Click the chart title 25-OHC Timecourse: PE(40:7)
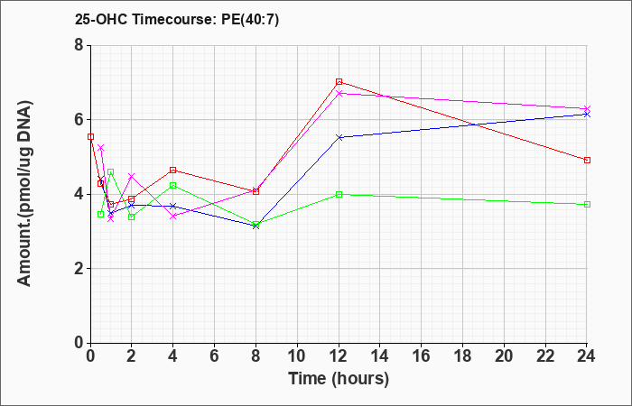[177, 20]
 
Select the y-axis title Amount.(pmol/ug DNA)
[24, 193]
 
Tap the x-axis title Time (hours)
[339, 379]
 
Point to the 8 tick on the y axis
[79, 45]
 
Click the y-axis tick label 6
[79, 120]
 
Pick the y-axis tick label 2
[79, 269]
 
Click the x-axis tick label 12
[339, 356]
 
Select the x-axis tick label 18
[462, 356]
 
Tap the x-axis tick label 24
[586, 356]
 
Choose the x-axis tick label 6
[215, 356]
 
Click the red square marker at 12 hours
[339, 82]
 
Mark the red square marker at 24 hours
[587, 161]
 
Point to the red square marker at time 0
[90, 137]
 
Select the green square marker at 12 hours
[339, 195]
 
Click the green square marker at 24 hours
[587, 205]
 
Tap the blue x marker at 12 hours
[339, 137]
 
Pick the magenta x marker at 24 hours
[587, 109]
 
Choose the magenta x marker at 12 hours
[339, 94]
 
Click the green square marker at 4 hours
[173, 185]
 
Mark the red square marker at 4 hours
[173, 171]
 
